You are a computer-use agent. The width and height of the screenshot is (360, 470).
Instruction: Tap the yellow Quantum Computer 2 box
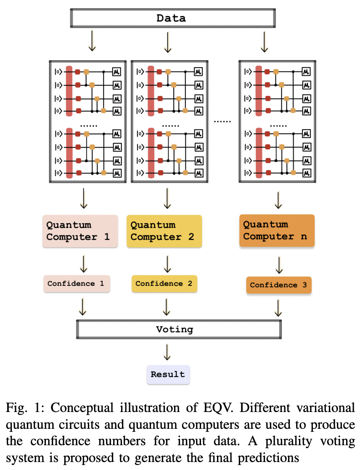click(x=164, y=231)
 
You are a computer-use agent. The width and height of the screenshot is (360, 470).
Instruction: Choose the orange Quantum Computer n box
click(x=277, y=230)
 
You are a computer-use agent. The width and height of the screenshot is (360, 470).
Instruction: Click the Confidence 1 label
click(x=76, y=284)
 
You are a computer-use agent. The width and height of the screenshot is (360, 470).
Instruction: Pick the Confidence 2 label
click(x=164, y=284)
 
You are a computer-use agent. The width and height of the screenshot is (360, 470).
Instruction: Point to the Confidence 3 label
click(x=278, y=285)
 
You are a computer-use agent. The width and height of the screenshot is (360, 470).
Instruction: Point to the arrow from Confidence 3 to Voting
click(x=278, y=308)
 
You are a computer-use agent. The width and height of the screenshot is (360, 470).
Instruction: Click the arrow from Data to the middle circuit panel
click(x=167, y=42)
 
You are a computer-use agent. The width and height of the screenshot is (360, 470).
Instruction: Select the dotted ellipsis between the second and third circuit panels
click(x=222, y=121)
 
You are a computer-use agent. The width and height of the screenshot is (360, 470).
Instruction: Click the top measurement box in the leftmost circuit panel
click(x=116, y=72)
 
